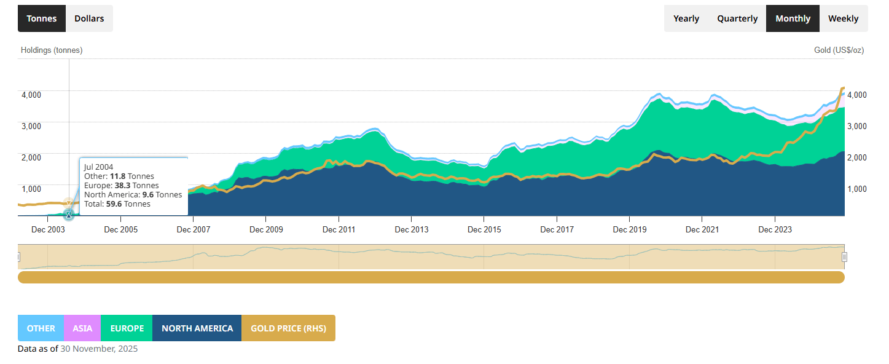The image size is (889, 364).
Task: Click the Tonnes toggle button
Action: coord(41,18)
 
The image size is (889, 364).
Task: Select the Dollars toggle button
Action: coord(89,18)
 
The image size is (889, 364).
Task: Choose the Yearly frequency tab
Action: coord(686,18)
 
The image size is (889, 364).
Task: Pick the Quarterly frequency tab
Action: coord(737,18)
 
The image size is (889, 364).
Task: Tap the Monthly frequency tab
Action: coord(793,18)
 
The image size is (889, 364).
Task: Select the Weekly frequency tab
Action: coord(843,18)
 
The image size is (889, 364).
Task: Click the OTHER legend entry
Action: coord(41,328)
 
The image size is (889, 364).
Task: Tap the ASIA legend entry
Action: coord(82,328)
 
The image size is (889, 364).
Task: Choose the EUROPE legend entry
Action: coord(127,328)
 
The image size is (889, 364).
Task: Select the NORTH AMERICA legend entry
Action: coord(197,328)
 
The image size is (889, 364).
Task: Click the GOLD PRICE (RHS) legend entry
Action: coord(288,328)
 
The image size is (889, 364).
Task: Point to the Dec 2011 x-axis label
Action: coord(339,230)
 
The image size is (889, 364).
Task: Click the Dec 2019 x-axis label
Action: coord(629,230)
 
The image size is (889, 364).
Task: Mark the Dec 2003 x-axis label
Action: coord(47,230)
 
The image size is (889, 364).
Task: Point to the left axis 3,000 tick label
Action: coord(31,126)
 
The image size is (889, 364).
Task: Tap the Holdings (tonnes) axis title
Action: coord(52,50)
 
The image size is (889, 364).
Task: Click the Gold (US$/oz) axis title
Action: coord(839,50)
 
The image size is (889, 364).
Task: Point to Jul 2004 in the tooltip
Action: coord(99,167)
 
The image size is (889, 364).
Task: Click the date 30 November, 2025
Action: coord(99,349)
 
